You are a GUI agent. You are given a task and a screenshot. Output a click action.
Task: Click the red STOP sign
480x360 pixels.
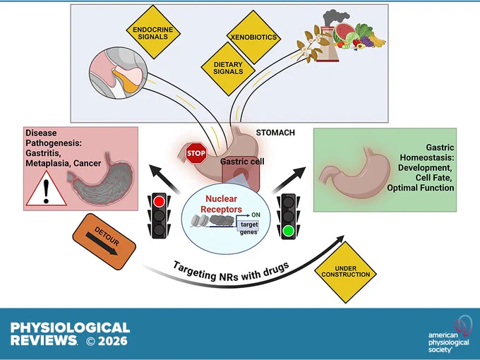point(196,152)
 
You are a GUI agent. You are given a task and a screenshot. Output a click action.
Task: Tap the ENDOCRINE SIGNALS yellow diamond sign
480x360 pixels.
point(153,32)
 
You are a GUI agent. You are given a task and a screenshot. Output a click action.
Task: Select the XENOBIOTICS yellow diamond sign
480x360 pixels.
point(253,37)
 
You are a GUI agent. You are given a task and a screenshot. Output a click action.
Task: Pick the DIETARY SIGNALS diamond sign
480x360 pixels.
point(228,68)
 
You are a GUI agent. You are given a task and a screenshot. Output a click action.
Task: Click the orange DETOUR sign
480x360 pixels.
point(104,241)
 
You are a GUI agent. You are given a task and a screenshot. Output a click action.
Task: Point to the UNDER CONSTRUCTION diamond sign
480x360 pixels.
point(346,272)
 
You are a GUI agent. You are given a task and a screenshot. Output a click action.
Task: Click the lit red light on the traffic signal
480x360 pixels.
point(159,201)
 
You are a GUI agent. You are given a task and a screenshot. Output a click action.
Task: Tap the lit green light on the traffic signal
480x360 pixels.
point(288,231)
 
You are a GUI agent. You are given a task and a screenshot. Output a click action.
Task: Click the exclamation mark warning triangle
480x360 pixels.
point(46,189)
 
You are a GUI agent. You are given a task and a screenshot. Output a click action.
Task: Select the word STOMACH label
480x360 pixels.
point(275,133)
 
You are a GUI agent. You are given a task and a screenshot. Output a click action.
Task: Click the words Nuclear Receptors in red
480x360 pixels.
point(221,204)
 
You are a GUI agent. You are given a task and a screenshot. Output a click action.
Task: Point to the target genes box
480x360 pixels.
point(248,229)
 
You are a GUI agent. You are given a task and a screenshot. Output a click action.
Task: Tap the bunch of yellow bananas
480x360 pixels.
point(377,40)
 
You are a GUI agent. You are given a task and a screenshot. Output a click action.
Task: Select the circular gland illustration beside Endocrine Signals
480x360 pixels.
point(118,73)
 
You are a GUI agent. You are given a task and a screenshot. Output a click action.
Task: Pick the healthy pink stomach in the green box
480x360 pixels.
point(354,173)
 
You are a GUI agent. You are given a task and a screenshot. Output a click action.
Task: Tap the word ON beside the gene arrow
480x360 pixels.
point(256,215)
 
